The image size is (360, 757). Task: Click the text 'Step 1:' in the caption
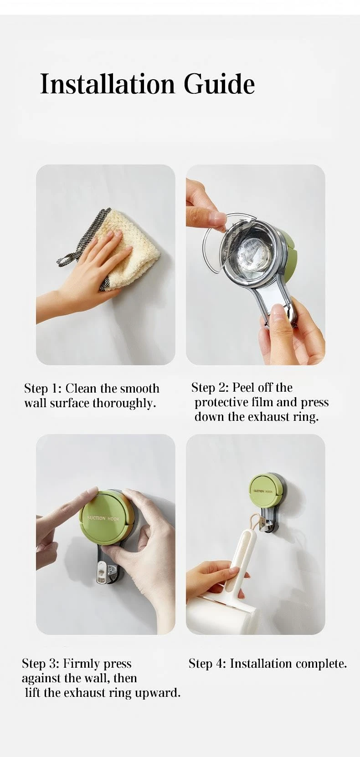pyautogui.click(x=43, y=389)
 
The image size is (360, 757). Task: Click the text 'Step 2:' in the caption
pyautogui.click(x=210, y=387)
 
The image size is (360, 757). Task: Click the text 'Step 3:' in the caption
pyautogui.click(x=41, y=663)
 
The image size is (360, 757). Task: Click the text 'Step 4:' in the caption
pyautogui.click(x=207, y=663)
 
